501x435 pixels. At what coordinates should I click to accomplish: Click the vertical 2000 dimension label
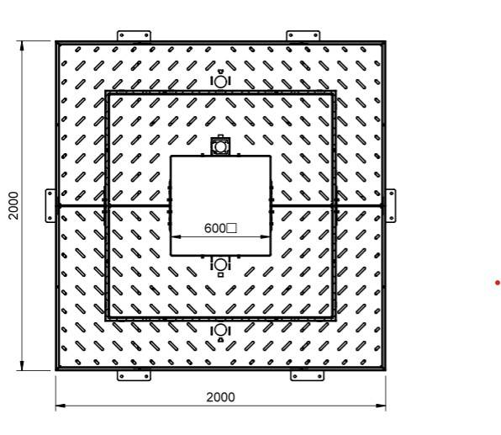click(14, 205)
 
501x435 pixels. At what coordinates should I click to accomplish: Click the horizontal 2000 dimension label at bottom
click(220, 397)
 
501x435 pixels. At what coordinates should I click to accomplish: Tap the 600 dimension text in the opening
click(214, 228)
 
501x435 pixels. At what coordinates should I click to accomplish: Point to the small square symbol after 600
click(232, 228)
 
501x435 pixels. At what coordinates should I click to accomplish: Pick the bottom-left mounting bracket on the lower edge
click(133, 375)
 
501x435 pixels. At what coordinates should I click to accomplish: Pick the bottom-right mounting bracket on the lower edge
click(306, 375)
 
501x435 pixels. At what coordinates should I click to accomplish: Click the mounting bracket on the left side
click(50, 205)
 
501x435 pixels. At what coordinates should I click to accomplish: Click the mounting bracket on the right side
click(391, 205)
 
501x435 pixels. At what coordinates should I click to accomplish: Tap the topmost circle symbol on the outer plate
click(220, 81)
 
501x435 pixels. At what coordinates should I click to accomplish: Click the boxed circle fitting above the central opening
click(220, 146)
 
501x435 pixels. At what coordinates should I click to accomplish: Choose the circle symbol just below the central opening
click(220, 265)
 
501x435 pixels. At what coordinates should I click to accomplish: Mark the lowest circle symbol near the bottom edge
click(220, 331)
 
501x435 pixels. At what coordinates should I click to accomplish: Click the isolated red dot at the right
click(498, 283)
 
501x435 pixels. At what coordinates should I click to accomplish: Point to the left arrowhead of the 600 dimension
click(173, 236)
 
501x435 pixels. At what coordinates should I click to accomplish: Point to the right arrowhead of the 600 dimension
click(269, 236)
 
